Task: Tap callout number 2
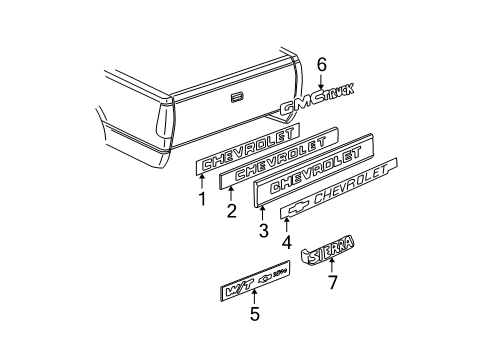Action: (231, 212)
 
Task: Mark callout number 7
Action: (334, 281)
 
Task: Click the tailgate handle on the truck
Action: (236, 98)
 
